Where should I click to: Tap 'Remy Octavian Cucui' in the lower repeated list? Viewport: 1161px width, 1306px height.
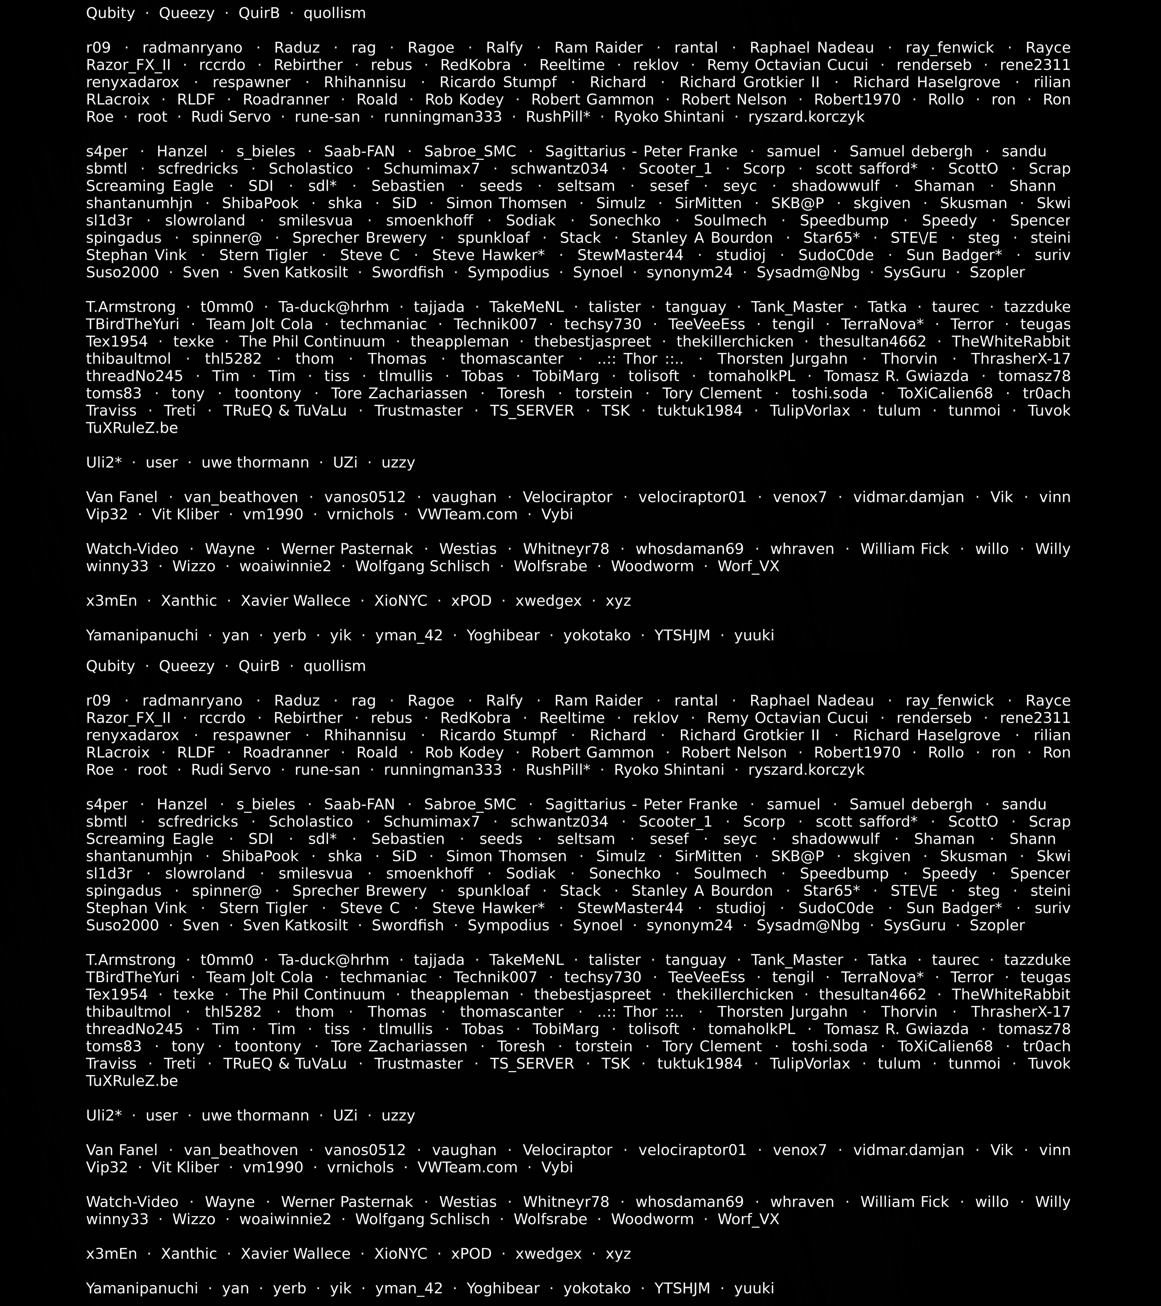coord(787,718)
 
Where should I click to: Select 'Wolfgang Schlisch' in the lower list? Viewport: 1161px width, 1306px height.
coord(422,1219)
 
